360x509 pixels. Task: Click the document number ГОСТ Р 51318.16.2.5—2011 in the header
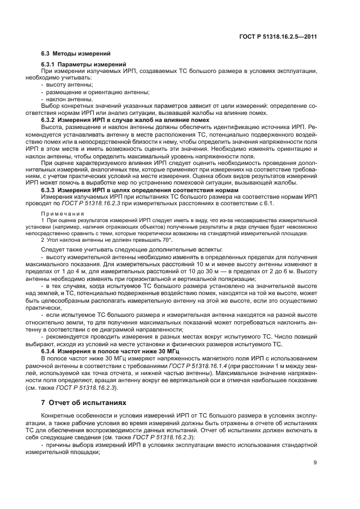click(278, 36)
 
